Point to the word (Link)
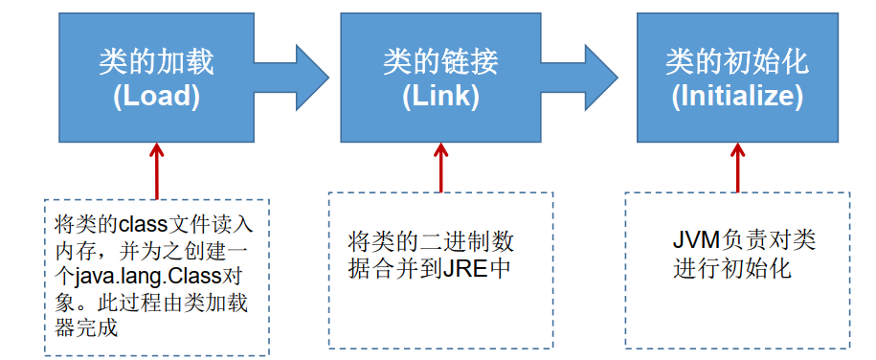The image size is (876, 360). pyautogui.click(x=440, y=96)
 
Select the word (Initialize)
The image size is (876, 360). pyautogui.click(x=737, y=96)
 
